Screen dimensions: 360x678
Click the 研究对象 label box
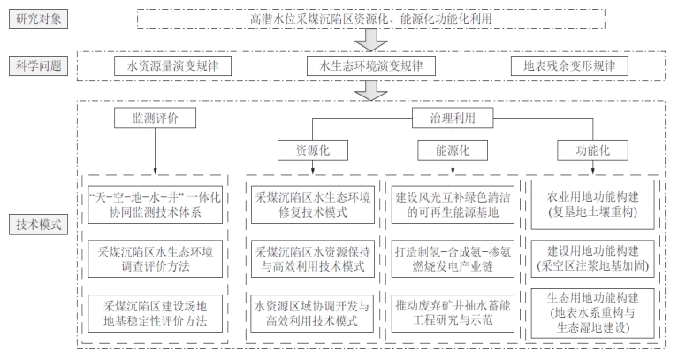pos(35,19)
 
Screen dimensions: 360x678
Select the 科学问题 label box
pos(35,66)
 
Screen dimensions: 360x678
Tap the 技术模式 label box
pos(35,224)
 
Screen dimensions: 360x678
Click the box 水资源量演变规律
pos(167,66)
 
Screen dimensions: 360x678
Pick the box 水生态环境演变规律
pos(370,66)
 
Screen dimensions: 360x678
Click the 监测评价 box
pos(155,116)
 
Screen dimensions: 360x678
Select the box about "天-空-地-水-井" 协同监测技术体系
pos(154,203)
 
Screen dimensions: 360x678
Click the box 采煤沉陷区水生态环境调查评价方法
pos(154,258)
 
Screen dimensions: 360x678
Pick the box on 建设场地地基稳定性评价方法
pos(154,313)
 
